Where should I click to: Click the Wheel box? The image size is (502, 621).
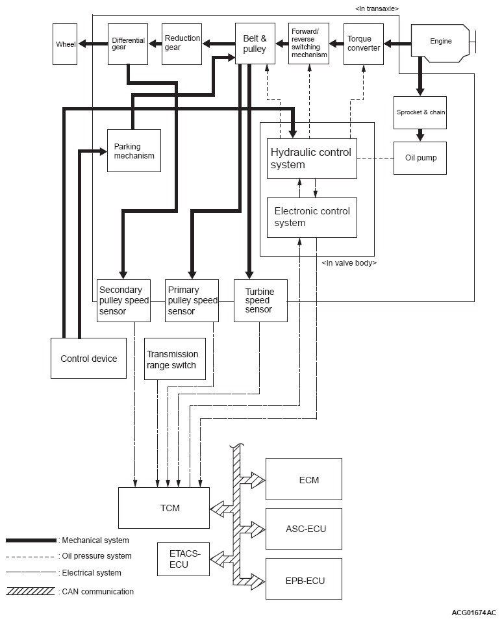click(x=65, y=44)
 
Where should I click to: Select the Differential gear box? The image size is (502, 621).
click(x=128, y=44)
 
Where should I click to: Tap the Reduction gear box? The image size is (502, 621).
click(x=182, y=44)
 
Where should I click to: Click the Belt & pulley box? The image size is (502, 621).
click(x=255, y=44)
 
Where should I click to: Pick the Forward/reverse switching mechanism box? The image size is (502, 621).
click(x=308, y=44)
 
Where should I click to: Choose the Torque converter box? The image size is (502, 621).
click(x=363, y=44)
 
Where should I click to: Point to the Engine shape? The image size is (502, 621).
click(x=441, y=42)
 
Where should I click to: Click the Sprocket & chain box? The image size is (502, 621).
click(x=420, y=112)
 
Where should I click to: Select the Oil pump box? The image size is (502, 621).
click(x=420, y=158)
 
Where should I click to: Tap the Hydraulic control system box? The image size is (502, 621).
click(x=312, y=158)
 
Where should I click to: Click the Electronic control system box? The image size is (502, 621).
click(x=312, y=217)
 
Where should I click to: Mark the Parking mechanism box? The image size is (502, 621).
click(x=134, y=151)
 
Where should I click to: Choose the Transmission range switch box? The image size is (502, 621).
click(x=175, y=359)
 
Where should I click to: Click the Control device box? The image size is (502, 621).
click(x=88, y=358)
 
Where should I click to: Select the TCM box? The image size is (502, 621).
click(x=164, y=507)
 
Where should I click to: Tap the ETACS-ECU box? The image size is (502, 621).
click(x=184, y=559)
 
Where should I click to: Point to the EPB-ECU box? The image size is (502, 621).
click(x=303, y=578)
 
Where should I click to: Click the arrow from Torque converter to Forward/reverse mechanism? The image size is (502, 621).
click(x=336, y=44)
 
